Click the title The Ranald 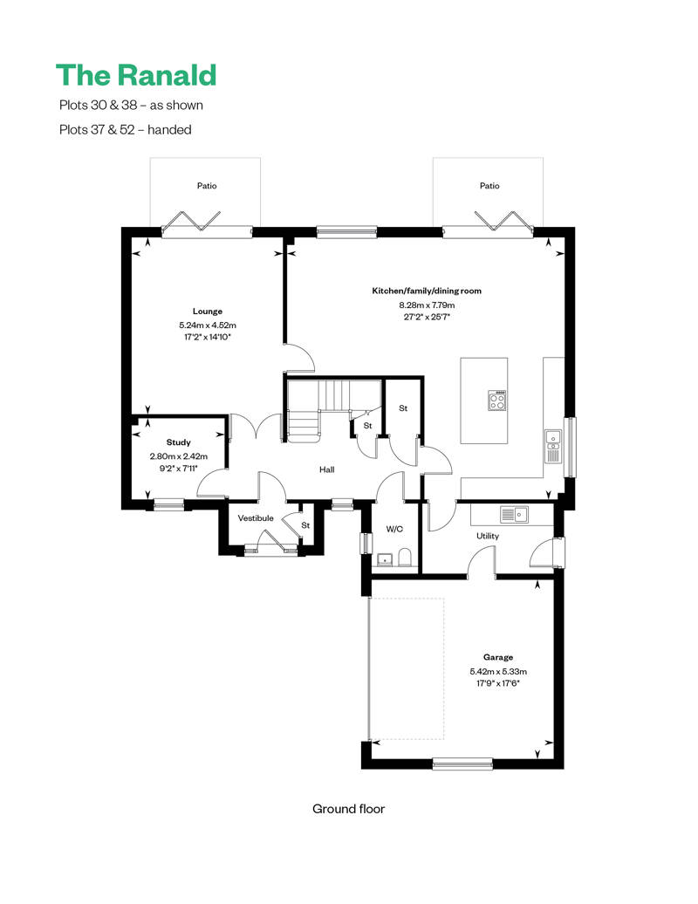pos(135,75)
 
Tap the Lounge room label pos(207,312)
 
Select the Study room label pos(178,443)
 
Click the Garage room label pos(498,657)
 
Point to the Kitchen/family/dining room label pos(427,291)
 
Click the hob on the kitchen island pos(499,401)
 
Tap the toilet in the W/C pos(404,557)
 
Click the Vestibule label pos(256,518)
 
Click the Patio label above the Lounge pos(207,186)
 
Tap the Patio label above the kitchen pos(489,186)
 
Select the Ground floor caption pos(348,809)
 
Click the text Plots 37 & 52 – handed pos(125,130)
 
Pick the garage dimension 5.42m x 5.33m pos(498,672)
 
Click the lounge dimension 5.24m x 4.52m pos(207,325)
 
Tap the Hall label pos(326,469)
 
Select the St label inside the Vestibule pos(305,525)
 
